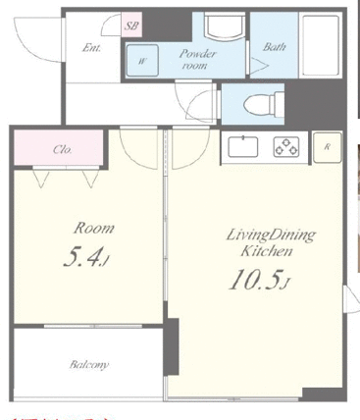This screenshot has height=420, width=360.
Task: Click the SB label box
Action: coord(132,26)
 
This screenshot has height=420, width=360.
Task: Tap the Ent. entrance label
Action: coord(93,46)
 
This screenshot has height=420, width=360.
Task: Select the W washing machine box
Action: coord(142,61)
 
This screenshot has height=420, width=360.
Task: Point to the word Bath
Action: coord(275,46)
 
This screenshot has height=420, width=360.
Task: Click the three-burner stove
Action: coord(287,148)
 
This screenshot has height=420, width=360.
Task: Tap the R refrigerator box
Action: coord(327,146)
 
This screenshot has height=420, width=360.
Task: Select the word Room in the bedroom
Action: coord(94,228)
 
